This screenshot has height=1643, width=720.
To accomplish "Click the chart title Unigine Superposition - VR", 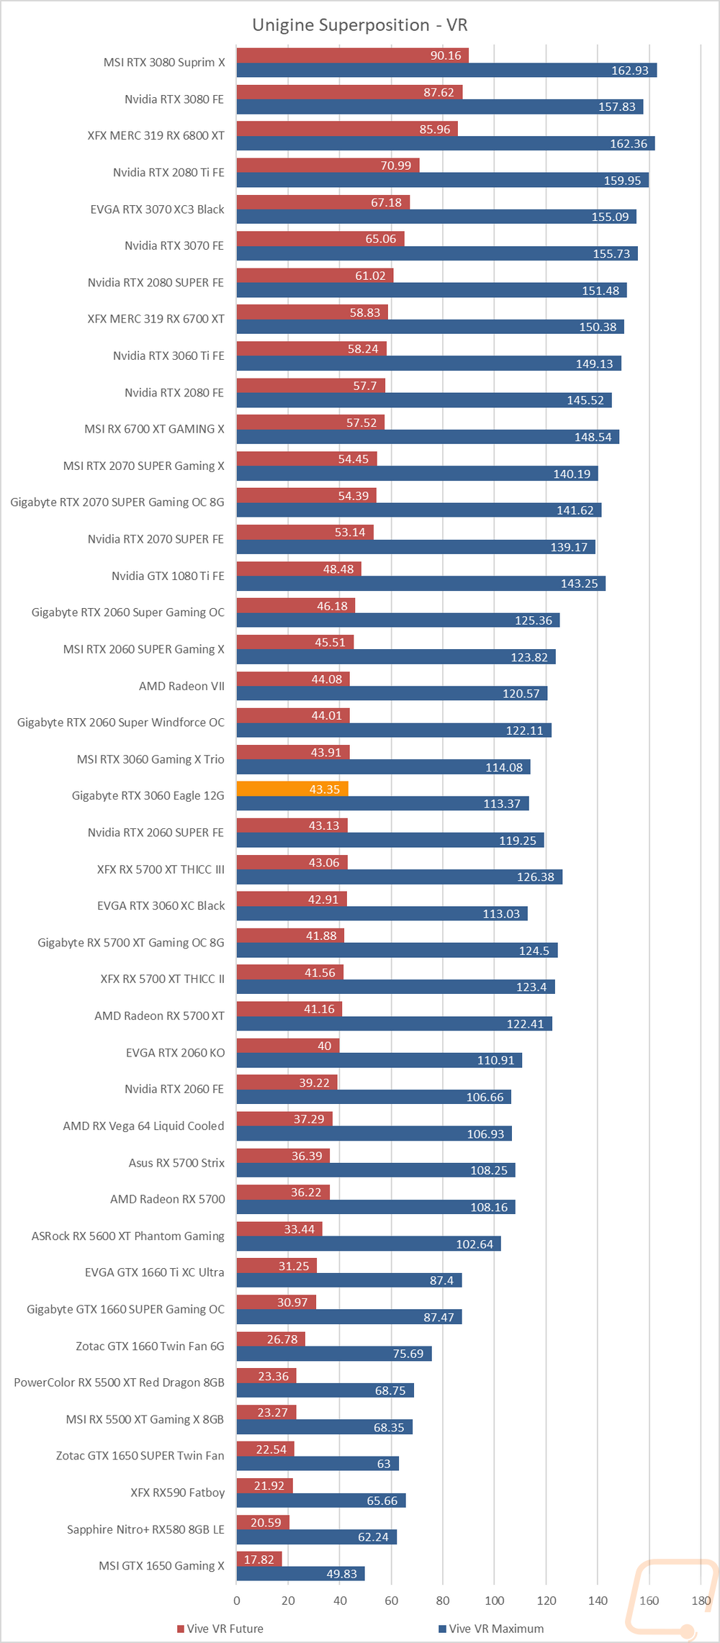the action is pos(360,25).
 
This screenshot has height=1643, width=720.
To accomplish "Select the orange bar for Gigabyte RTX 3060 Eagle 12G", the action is pos(292,789).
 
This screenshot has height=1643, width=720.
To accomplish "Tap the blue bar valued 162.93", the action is pos(446,70).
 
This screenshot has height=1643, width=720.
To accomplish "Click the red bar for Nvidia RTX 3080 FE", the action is pos(349,92).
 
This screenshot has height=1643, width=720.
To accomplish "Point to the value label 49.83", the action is pos(341,1574).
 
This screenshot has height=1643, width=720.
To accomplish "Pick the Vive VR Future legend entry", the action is pos(220,1629).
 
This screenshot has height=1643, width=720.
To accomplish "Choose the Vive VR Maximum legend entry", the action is pos(491,1629).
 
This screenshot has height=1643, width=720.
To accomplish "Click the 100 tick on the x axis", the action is pos(495,1601).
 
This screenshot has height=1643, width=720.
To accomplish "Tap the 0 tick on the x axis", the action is pos(237,1601).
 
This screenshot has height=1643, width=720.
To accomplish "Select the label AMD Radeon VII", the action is pos(181,686).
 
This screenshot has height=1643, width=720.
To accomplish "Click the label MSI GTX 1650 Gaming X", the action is pos(161,1566).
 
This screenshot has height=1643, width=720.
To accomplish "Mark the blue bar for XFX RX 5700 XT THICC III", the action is pos(400,877).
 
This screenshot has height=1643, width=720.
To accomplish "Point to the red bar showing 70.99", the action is pos(328,166).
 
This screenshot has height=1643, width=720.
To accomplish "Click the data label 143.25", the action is pos(580,584).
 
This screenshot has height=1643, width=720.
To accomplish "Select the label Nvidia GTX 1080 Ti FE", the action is pos(168,576).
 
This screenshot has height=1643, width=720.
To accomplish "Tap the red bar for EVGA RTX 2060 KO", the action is pos(288,1046).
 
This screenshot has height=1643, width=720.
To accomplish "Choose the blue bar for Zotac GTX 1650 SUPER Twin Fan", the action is pos(318,1464).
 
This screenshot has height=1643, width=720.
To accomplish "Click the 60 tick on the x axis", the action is pos(392,1601).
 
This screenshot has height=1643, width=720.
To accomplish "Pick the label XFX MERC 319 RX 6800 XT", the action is pos(156,135).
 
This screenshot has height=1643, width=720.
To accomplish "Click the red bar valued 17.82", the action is pos(259,1559).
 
